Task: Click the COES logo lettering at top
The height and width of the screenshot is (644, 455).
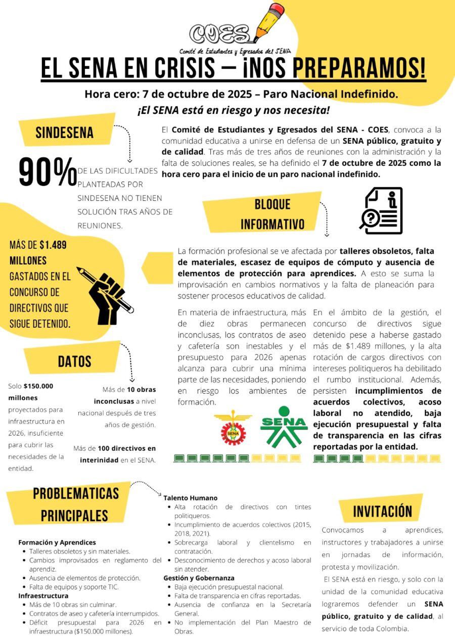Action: coord(219,34)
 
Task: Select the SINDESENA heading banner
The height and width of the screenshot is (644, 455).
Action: coord(64,133)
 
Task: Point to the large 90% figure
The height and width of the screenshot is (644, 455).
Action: coord(48,173)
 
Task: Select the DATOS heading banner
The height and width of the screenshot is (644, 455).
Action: coord(74,361)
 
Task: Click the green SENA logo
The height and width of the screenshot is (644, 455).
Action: coord(284,426)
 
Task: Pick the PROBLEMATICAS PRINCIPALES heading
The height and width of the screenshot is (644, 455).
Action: coord(75,504)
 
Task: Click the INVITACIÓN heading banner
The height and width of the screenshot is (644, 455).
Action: coord(382,511)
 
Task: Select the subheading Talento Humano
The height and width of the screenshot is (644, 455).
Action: coord(190,498)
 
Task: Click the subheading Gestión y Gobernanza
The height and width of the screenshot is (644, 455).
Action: coord(199,578)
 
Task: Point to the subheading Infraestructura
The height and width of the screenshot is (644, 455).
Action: coord(43,595)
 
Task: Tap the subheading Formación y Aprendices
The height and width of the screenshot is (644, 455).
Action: coord(57,542)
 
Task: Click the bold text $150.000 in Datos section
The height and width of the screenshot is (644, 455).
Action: coord(38,386)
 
